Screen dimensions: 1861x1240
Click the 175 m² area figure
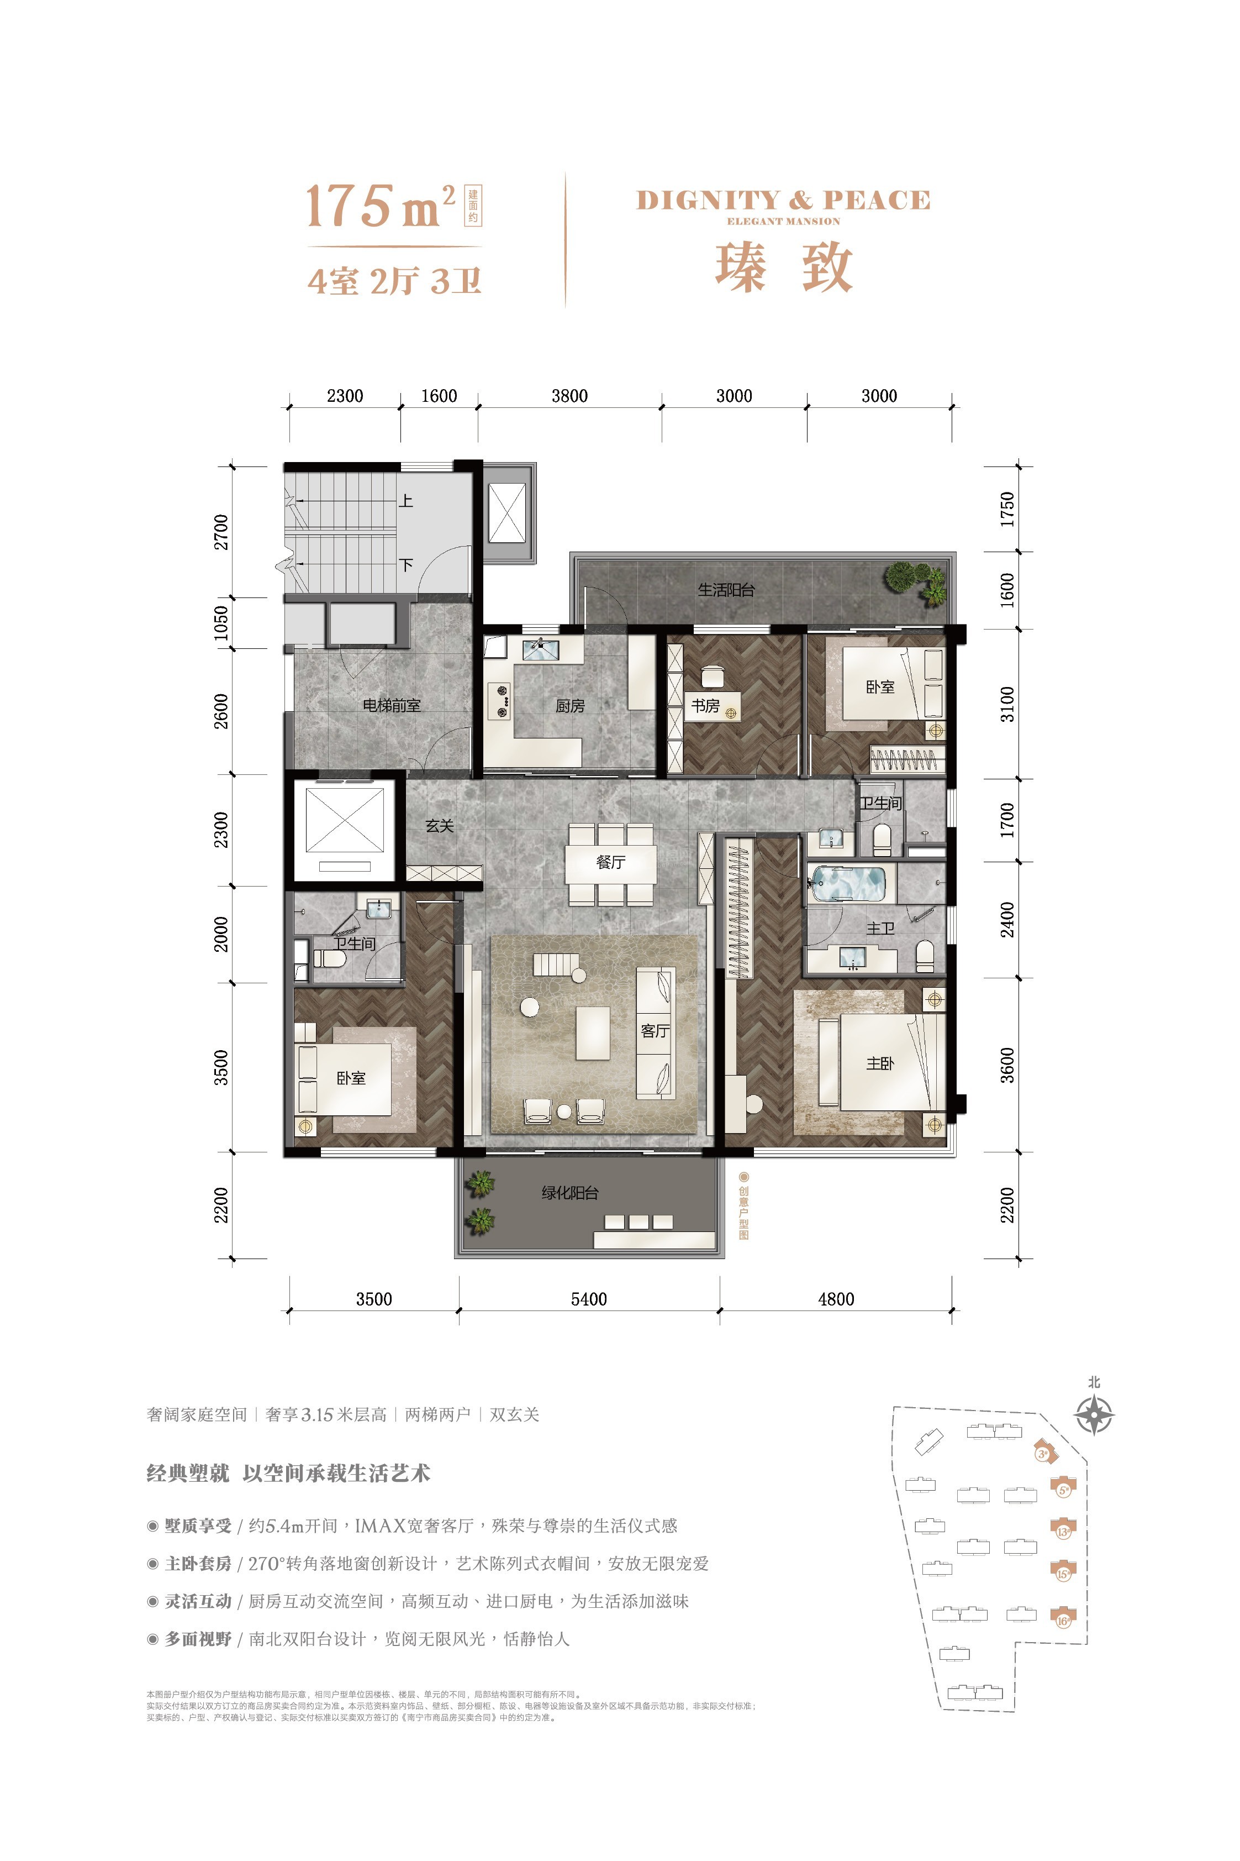point(379,206)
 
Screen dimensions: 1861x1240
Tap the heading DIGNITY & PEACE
point(783,200)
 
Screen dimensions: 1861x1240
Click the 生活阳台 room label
point(726,590)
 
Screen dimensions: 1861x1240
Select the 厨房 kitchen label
point(569,706)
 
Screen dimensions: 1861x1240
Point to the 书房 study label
point(705,705)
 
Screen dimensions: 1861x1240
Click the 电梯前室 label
point(392,705)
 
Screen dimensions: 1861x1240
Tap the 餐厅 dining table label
point(610,862)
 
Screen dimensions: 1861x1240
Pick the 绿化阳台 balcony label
point(569,1192)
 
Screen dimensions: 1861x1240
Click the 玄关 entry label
point(440,825)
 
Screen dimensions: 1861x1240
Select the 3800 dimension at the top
point(569,396)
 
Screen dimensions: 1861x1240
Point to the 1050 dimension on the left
point(221,623)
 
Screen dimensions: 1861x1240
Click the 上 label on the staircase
point(405,500)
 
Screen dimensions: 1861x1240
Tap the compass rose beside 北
point(1095,1415)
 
